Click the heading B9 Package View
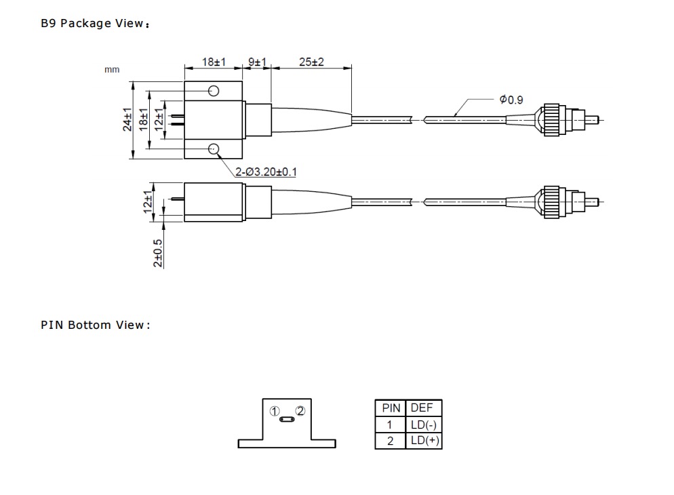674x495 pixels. click(94, 24)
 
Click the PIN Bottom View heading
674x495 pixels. click(94, 325)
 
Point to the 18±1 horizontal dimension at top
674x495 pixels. click(214, 62)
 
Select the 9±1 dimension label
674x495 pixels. click(256, 62)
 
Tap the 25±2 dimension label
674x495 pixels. click(311, 62)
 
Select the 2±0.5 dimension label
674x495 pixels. click(158, 253)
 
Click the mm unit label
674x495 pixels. click(112, 69)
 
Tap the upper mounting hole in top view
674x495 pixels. click(214, 91)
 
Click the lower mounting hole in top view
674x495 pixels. click(214, 148)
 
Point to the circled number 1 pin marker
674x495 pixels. click(274, 411)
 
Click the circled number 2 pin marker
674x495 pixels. click(300, 411)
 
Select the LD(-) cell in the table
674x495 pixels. click(423, 425)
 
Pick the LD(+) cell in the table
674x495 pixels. click(423, 441)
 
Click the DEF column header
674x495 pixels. click(422, 408)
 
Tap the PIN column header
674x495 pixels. click(391, 408)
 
